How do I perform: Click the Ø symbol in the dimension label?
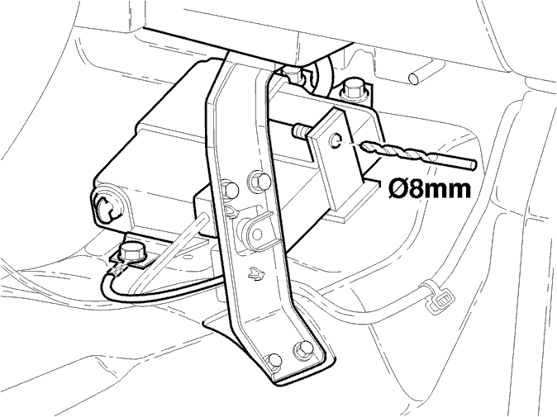click(398, 190)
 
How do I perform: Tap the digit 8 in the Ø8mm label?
click(415, 190)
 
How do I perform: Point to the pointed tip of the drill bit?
click(362, 145)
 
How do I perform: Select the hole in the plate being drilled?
click(335, 141)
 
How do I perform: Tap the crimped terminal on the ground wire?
click(117, 271)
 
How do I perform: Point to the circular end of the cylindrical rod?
click(414, 79)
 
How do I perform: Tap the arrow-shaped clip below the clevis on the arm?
click(255, 273)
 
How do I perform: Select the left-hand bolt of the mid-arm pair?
click(231, 189)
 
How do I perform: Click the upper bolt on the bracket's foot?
click(303, 349)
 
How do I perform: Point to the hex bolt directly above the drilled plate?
click(350, 88)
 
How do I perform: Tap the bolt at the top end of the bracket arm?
click(293, 76)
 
